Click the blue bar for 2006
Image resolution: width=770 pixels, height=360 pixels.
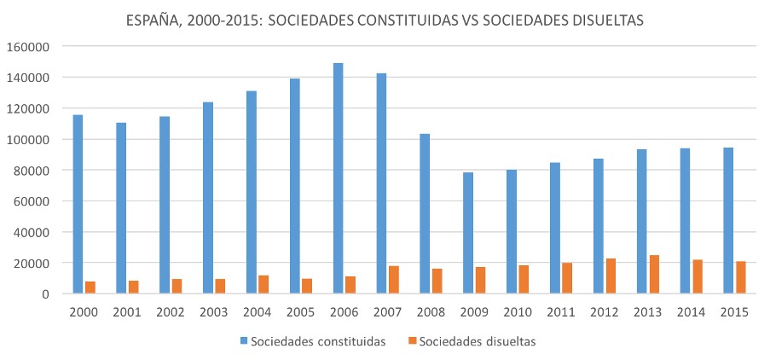[x=339, y=178]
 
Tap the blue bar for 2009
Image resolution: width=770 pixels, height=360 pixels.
[x=468, y=233]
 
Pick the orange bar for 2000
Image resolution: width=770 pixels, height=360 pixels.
[x=90, y=287]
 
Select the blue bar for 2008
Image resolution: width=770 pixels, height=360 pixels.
[x=425, y=213]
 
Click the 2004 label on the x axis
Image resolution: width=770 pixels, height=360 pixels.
[x=258, y=311]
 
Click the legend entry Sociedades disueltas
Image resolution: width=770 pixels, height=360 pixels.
[x=482, y=341]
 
